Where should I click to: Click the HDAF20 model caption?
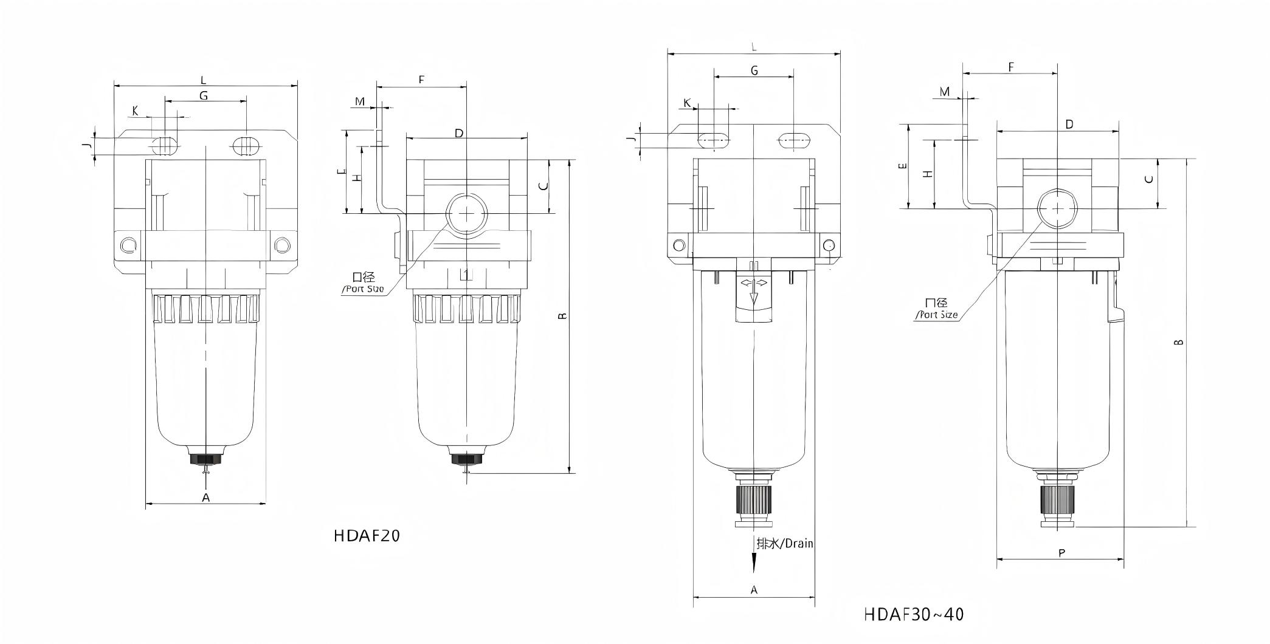pyautogui.click(x=367, y=536)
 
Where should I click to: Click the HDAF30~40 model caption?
pyautogui.click(x=913, y=614)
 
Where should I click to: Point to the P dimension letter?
pyautogui.click(x=1061, y=553)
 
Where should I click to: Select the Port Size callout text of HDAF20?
pyautogui.click(x=364, y=283)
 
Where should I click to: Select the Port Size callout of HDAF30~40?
pyautogui.click(x=937, y=309)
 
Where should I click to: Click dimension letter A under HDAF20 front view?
pyautogui.click(x=205, y=498)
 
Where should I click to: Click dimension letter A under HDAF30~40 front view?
pyautogui.click(x=754, y=589)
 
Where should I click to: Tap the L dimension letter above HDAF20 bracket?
pyautogui.click(x=204, y=80)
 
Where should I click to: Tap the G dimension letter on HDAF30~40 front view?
pyautogui.click(x=754, y=70)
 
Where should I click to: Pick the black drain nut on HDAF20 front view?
pyautogui.click(x=205, y=459)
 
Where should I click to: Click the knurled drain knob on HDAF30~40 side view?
pyautogui.click(x=1057, y=500)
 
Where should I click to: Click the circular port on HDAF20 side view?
pyautogui.click(x=467, y=213)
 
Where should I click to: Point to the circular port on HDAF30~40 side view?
pyautogui.click(x=1057, y=208)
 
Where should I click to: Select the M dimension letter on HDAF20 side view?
pyautogui.click(x=360, y=101)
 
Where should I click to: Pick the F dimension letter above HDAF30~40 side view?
pyautogui.click(x=1011, y=67)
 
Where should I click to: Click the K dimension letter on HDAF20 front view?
pyautogui.click(x=135, y=111)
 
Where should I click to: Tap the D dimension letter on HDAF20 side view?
pyautogui.click(x=459, y=132)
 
